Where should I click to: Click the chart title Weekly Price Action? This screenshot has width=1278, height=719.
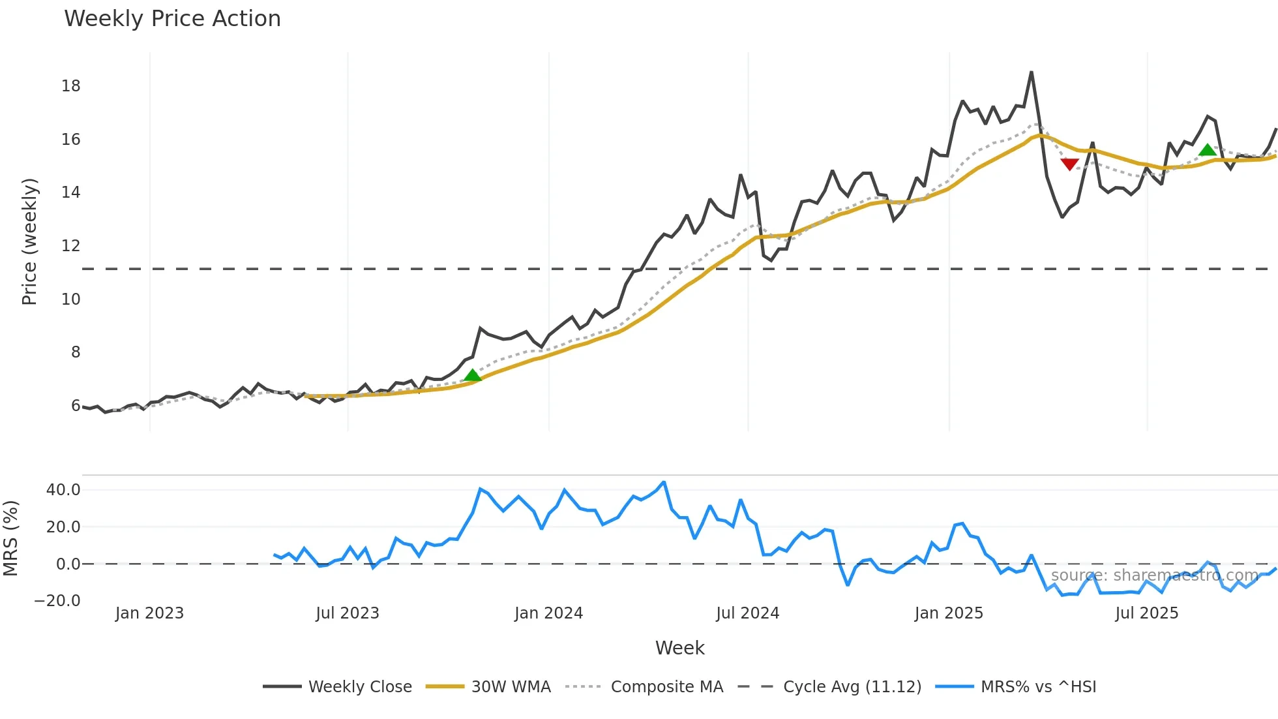pos(172,19)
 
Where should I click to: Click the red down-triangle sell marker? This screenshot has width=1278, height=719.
pos(1069,164)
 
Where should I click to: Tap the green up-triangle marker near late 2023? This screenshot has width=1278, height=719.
pos(473,375)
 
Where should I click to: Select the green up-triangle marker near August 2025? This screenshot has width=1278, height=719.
pos(1208,150)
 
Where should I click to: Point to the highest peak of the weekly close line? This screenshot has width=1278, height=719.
pos(1031,72)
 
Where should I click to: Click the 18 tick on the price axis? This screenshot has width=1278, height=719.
pos(70,86)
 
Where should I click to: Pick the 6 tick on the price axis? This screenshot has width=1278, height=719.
pos(76,406)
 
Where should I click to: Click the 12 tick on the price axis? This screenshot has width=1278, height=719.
pos(70,246)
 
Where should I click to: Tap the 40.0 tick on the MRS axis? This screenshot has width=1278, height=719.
pos(63,490)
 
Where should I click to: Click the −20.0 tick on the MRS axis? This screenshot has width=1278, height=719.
pos(57,601)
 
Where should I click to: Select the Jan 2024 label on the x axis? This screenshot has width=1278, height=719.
pos(548,613)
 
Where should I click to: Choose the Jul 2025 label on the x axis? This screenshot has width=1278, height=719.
pos(1146,613)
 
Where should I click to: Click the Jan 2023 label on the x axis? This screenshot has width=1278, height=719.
pos(149,613)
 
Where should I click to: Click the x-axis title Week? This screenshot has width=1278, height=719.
pos(679,648)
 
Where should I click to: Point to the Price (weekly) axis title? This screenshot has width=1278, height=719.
pos(29,241)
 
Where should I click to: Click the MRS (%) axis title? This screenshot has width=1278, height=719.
pos(10,538)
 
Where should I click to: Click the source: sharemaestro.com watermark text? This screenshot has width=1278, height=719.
pos(1154,575)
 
